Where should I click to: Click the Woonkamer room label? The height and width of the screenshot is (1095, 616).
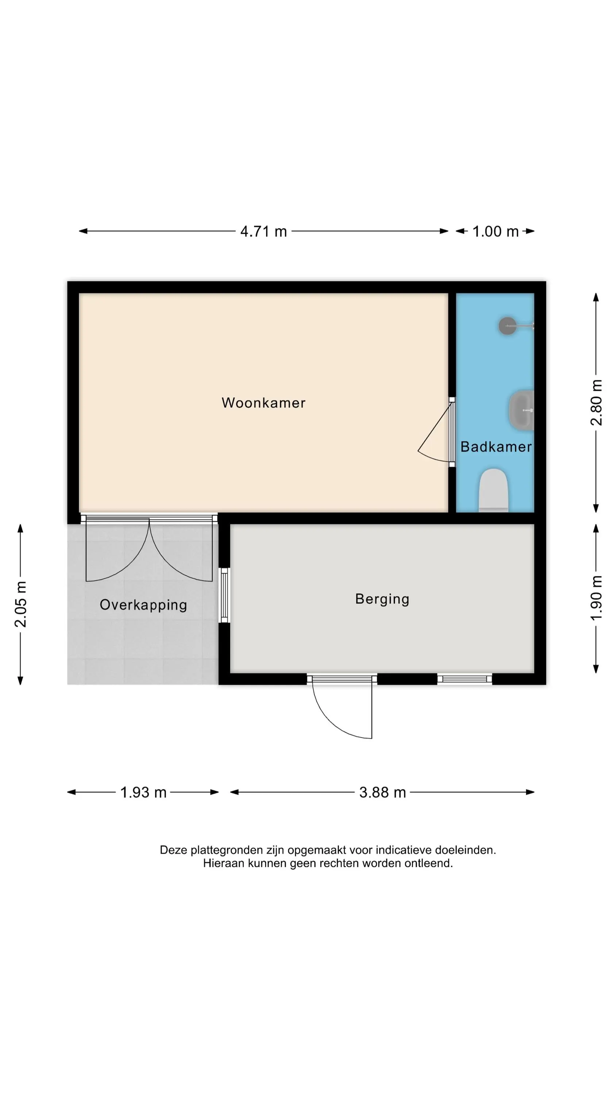click(263, 403)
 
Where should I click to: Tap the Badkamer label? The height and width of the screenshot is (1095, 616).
click(496, 447)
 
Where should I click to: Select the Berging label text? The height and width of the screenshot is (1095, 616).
click(382, 599)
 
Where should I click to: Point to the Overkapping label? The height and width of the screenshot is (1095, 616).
click(143, 605)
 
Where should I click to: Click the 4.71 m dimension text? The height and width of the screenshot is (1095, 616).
click(263, 232)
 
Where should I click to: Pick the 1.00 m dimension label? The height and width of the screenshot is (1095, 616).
click(495, 232)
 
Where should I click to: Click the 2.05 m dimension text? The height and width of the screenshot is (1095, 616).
click(20, 604)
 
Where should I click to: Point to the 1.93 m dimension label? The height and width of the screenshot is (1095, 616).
click(143, 793)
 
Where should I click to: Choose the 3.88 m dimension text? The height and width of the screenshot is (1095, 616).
click(382, 793)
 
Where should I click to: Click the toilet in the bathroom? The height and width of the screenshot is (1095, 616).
click(493, 490)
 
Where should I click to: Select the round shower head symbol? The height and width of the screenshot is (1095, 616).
click(507, 326)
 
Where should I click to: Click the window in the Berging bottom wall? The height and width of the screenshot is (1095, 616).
click(465, 679)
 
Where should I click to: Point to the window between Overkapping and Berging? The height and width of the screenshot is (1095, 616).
click(224, 595)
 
